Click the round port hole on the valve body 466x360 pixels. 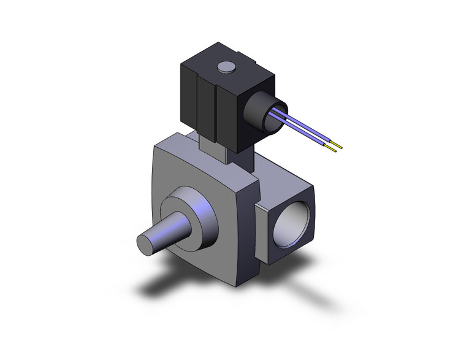click(x=292, y=227)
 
